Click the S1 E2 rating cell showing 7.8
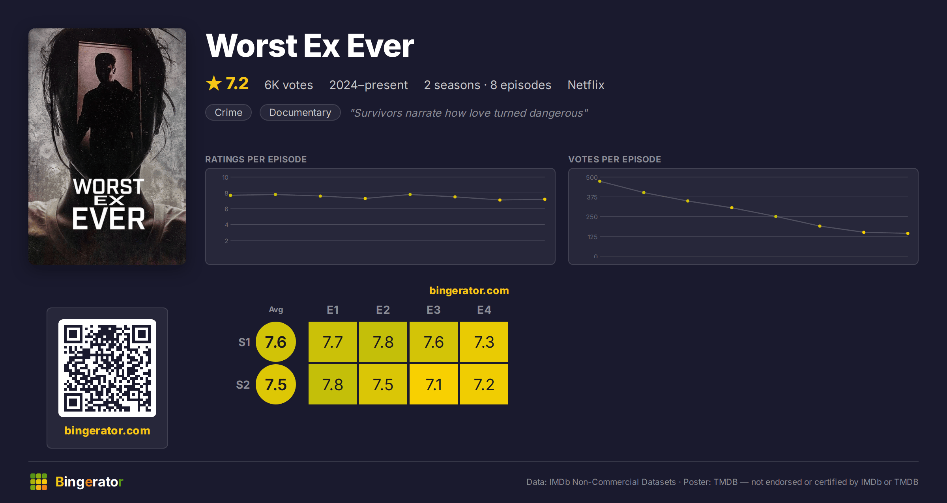point(383,342)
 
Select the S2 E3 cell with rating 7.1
point(433,384)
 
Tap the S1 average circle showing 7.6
point(276,342)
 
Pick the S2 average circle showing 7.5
point(276,384)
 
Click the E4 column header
point(484,310)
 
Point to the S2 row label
point(243,385)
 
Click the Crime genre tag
point(228,112)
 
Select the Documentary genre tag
point(300,112)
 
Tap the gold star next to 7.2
point(214,83)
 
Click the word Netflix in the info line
point(586,85)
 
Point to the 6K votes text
point(289,85)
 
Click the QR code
point(107,368)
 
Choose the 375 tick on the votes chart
point(592,197)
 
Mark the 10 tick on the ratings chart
point(225,177)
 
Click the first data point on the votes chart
point(600,181)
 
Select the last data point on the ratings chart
point(545,199)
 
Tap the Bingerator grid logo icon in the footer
point(39,482)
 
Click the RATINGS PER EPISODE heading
point(256,159)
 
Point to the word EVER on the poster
point(109,219)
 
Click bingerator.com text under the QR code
point(107,430)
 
